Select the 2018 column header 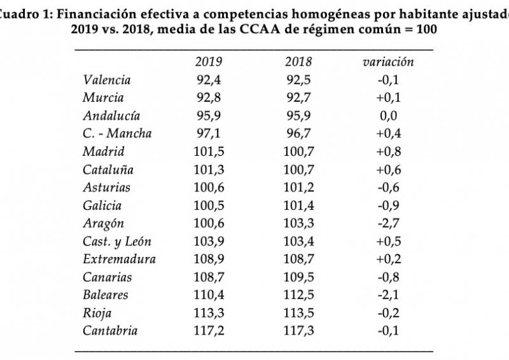tap(299, 62)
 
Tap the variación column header tap(388, 62)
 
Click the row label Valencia tap(106, 80)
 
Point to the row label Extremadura tap(119, 260)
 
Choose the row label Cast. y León tap(117, 242)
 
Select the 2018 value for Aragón tap(299, 224)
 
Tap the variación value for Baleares tap(388, 295)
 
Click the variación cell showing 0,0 tap(388, 116)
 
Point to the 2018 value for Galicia tap(299, 205)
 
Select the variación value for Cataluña tap(388, 170)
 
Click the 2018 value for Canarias tap(299, 277)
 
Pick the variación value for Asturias tap(388, 188)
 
